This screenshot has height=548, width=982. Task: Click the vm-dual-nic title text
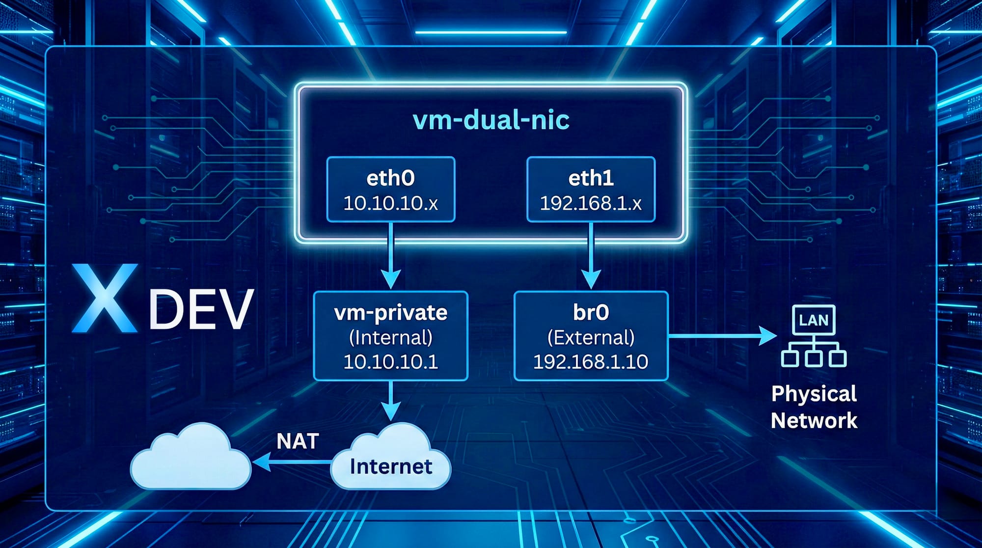[491, 120]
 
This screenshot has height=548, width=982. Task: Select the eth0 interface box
[390, 189]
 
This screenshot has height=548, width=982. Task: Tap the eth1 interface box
[591, 189]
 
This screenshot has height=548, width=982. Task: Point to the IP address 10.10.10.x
[390, 203]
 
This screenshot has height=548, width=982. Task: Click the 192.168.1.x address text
[591, 203]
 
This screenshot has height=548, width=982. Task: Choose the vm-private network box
[390, 336]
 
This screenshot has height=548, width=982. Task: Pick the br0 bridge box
[591, 336]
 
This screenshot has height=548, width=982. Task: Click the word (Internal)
[390, 338]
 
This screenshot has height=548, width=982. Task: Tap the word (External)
[591, 338]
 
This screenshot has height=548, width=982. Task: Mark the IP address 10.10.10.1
[390, 362]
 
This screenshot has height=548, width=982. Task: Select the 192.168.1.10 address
[591, 362]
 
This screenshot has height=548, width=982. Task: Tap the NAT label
[298, 441]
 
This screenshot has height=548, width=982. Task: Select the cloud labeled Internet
[391, 459]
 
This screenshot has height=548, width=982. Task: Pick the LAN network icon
[814, 336]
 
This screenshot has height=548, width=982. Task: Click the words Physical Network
[814, 407]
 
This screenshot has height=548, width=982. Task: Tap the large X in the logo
[105, 298]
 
